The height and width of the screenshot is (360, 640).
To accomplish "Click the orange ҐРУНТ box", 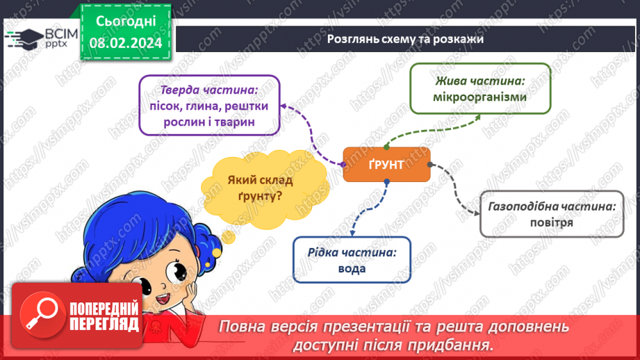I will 386,165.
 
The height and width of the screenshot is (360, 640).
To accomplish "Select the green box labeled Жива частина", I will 479,88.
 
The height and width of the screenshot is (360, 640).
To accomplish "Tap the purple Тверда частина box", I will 209,106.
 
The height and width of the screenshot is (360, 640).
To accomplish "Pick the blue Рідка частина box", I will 352,260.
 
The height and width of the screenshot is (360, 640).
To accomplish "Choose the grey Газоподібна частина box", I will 552,214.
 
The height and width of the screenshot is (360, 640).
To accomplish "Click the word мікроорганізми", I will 479,97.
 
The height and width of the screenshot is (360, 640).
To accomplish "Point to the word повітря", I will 552,223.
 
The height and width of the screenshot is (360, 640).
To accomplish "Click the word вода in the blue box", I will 352,269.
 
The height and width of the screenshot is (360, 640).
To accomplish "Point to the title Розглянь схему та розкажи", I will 405,39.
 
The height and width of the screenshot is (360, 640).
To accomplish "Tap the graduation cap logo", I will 22,38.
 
